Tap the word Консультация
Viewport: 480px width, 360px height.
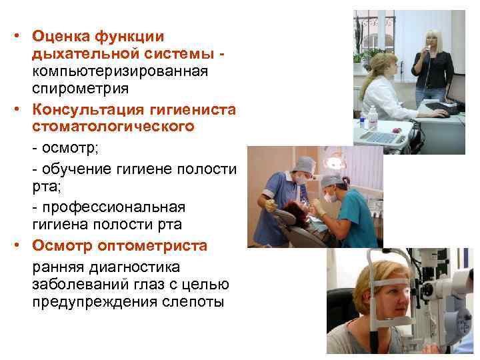[81, 109]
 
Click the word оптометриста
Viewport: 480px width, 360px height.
[152, 245]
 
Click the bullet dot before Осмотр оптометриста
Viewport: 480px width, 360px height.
[21, 246]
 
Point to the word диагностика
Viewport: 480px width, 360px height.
[139, 267]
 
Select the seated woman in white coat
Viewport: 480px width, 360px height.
[385, 90]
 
